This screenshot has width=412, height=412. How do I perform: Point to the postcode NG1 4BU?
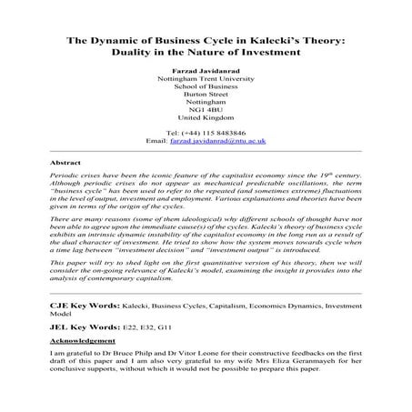click(206, 109)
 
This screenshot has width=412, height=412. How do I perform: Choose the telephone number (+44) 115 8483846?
click(218, 131)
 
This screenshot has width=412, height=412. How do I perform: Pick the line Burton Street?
click(206, 99)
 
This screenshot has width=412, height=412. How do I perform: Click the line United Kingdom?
click(206, 119)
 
